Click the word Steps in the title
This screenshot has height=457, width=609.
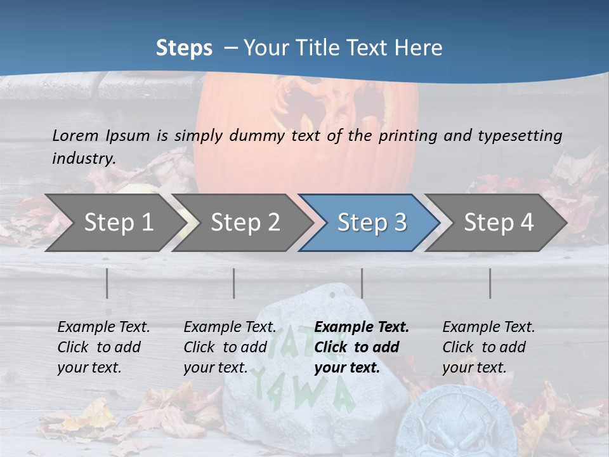(184, 48)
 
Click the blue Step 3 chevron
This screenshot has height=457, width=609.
(372, 222)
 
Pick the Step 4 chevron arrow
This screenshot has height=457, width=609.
(499, 222)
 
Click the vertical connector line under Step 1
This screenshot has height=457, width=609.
(107, 283)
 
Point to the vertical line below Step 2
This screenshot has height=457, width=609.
(234, 283)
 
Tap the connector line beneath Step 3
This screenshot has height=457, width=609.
(362, 283)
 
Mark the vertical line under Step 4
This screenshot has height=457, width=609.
(490, 283)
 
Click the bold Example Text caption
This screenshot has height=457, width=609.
(362, 347)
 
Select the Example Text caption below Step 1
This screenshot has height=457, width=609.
(103, 347)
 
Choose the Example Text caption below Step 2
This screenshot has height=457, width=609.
(230, 347)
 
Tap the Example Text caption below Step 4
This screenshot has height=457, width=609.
(488, 347)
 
